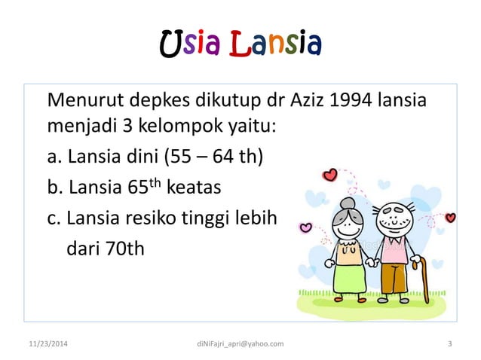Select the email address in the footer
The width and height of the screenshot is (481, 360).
pyautogui.click(x=240, y=344)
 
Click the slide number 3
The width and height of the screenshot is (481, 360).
pyautogui.click(x=449, y=344)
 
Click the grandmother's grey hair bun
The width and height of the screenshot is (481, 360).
pyautogui.click(x=348, y=203)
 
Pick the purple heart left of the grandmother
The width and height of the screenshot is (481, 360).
pyautogui.click(x=306, y=227)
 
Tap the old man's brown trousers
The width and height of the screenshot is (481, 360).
pyautogui.click(x=393, y=278)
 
